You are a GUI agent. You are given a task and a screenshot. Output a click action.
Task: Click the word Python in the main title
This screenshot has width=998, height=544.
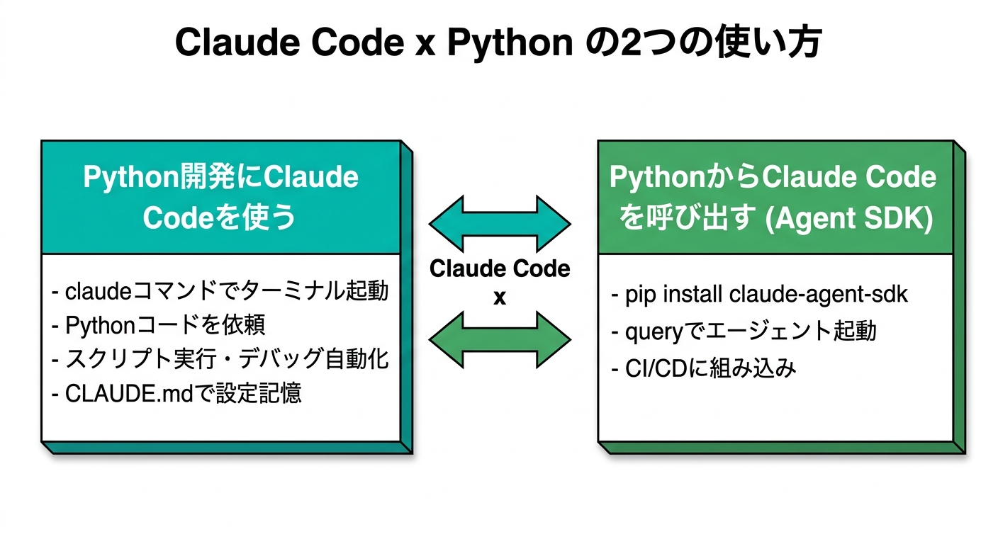[510, 44]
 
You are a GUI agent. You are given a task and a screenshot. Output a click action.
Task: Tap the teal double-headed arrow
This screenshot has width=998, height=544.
[500, 225]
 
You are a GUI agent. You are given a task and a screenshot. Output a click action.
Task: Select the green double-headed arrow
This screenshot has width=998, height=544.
[500, 339]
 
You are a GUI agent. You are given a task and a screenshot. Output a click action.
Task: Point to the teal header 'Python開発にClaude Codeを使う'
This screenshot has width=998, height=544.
[220, 198]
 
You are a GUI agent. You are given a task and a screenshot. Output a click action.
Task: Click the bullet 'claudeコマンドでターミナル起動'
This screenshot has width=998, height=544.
[220, 291]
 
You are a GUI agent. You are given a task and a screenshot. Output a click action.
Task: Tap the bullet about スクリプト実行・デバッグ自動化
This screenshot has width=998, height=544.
[220, 359]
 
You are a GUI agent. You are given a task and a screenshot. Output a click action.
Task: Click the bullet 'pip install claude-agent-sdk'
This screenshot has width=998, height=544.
[759, 295]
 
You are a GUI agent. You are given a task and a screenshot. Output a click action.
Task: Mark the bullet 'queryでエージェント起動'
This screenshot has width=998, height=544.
[744, 331]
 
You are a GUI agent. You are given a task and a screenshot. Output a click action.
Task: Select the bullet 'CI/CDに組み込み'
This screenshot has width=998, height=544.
[704, 368]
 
